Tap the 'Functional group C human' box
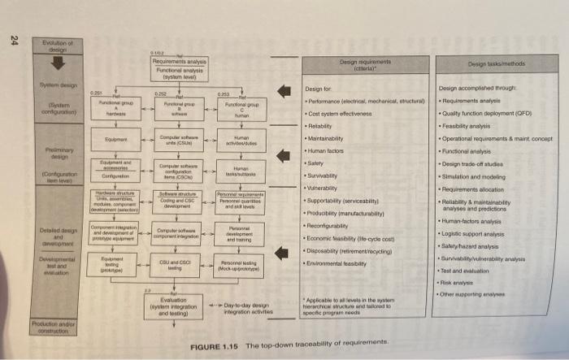pos(241,108)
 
